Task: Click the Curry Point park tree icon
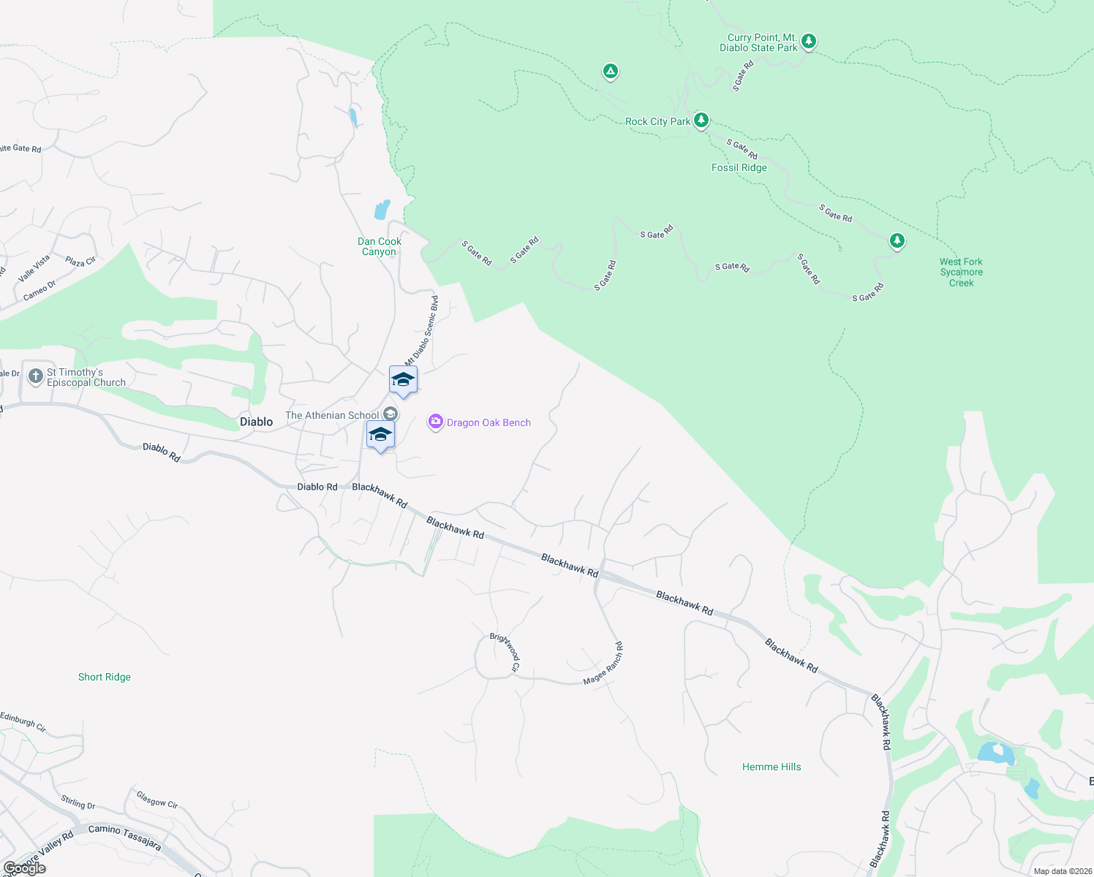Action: point(808,41)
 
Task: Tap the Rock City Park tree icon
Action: point(701,120)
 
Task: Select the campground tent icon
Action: point(610,71)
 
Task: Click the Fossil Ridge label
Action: point(739,167)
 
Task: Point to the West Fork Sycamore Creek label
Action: point(961,272)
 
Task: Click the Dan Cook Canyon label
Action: point(379,246)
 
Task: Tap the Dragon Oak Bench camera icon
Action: point(435,422)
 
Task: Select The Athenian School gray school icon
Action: point(391,414)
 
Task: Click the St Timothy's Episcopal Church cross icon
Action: point(35,376)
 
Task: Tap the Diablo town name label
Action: point(256,422)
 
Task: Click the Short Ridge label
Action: point(105,677)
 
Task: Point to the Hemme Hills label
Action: point(772,767)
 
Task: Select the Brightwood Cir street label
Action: point(505,652)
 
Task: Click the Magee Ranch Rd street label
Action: point(604,664)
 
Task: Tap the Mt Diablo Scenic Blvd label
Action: point(422,330)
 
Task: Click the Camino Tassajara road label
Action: point(124,836)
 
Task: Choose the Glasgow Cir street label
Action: point(157,799)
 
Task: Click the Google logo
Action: point(24,868)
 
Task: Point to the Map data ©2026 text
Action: point(1063,871)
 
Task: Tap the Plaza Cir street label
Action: point(80,261)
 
